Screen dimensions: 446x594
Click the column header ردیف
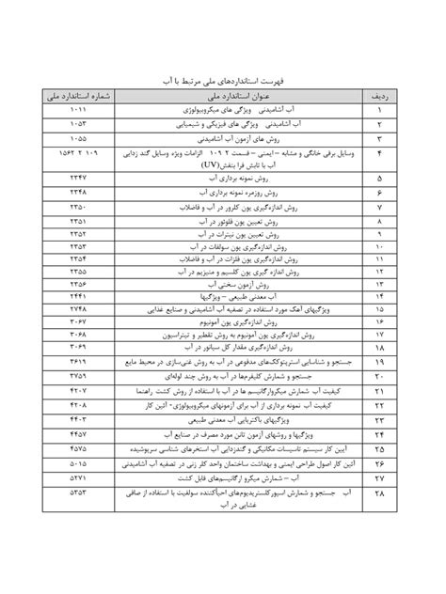coord(379,95)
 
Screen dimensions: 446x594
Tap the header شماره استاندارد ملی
coord(77,95)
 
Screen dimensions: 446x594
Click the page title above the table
coord(223,73)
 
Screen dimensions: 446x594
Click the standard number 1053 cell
coord(77,122)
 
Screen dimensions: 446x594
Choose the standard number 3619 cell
coord(77,360)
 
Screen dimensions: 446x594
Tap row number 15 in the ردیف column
coord(379,307)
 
